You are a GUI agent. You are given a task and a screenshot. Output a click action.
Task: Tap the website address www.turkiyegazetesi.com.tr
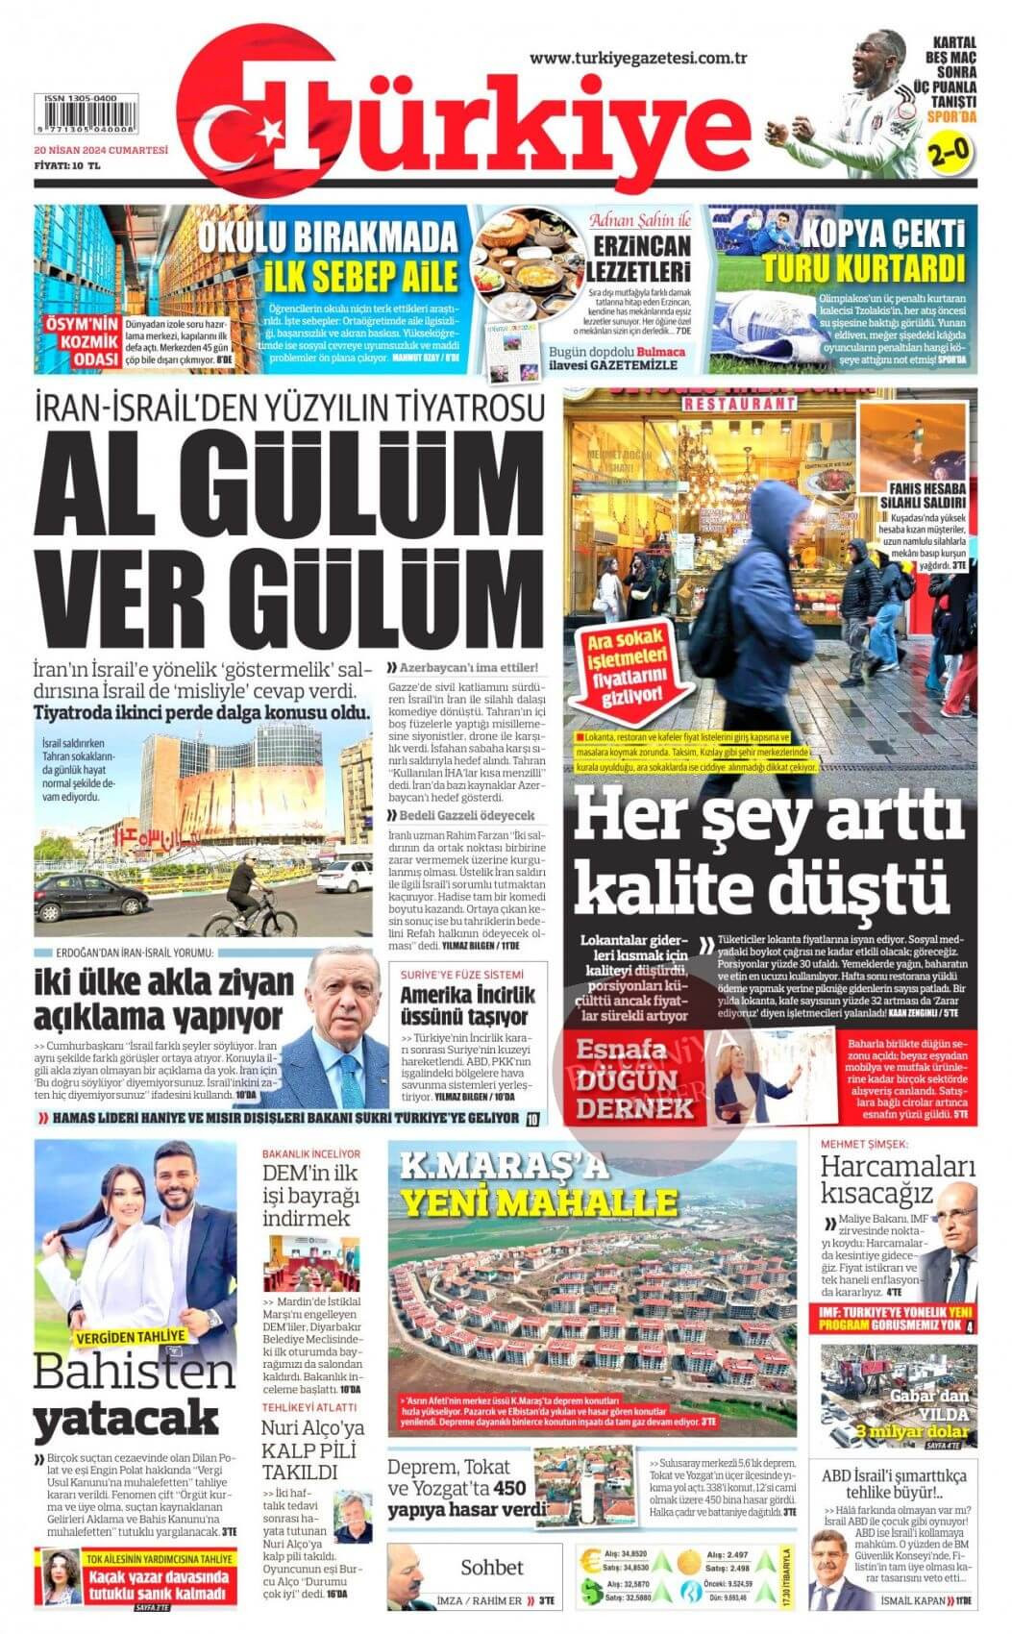tap(638, 59)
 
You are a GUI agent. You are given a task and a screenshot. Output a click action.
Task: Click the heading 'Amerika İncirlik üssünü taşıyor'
tap(467, 1005)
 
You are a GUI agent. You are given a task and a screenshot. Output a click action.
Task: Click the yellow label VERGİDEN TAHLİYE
tap(132, 1336)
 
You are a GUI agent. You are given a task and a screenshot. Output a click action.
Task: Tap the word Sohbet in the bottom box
tap(491, 1567)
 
